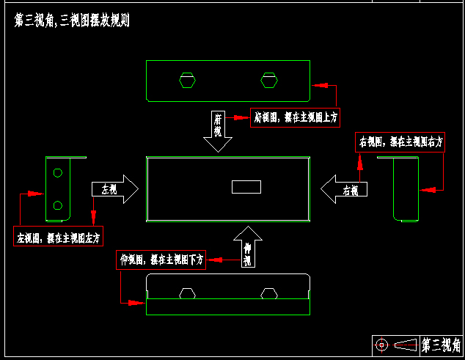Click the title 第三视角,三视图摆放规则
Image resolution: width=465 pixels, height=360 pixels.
click(x=72, y=21)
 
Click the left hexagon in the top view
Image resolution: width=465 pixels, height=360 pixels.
click(x=188, y=79)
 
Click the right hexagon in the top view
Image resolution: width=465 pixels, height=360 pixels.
click(x=269, y=79)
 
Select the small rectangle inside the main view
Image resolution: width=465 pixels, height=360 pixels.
click(x=246, y=187)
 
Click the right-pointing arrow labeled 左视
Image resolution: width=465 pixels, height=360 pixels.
click(x=114, y=189)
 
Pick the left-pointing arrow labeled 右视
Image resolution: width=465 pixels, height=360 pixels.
click(x=345, y=189)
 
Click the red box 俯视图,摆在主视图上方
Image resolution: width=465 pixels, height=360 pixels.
click(x=295, y=117)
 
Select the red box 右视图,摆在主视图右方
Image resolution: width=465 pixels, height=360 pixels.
click(x=400, y=142)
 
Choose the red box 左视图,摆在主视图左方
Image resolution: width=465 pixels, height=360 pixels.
click(x=59, y=237)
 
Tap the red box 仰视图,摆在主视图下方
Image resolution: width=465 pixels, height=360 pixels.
click(x=161, y=260)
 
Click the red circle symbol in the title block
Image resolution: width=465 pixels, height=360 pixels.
click(x=381, y=344)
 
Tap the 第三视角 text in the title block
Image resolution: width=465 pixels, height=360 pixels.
click(x=440, y=344)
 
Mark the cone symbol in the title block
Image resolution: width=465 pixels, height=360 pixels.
click(x=406, y=344)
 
